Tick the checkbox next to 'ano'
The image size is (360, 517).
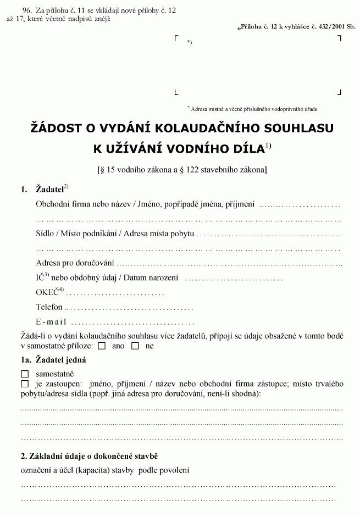(x=102, y=346)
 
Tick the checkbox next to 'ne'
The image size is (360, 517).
(x=135, y=346)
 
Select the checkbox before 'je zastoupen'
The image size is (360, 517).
(x=24, y=383)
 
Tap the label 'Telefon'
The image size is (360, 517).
(x=49, y=307)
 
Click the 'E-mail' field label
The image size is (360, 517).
(x=51, y=322)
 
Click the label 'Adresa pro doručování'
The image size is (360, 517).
(x=75, y=263)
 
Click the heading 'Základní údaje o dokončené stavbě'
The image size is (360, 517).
(x=90, y=456)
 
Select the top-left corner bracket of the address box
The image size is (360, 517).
(x=176, y=38)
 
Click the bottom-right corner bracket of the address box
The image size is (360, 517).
(x=339, y=93)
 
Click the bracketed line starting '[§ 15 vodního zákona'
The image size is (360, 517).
(x=181, y=169)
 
